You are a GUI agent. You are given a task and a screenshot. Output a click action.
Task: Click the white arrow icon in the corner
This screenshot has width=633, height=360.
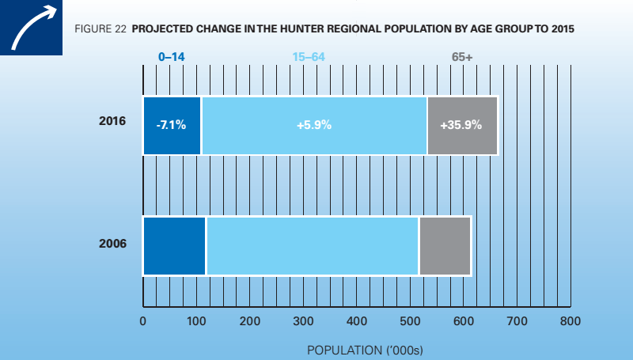pyautogui.click(x=31, y=28)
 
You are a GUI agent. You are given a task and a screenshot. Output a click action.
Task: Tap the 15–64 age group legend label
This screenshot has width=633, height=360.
pyautogui.click(x=313, y=57)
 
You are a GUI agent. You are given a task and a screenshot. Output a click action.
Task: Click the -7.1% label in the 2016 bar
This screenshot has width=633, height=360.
pyautogui.click(x=172, y=125)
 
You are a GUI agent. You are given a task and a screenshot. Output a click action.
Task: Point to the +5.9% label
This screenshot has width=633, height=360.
pyautogui.click(x=313, y=125)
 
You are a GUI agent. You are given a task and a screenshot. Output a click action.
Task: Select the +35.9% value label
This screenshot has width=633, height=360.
pyautogui.click(x=462, y=125)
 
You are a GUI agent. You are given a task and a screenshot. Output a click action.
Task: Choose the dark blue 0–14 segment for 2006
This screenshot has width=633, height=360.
pyautogui.click(x=174, y=245)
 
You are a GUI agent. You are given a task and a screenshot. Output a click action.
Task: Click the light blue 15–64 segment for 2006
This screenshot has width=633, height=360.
pyautogui.click(x=313, y=245)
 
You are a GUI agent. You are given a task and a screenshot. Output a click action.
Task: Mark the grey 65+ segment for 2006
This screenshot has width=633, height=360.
pyautogui.click(x=445, y=245)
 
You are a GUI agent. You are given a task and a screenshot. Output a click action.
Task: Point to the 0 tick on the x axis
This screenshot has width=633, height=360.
pyautogui.click(x=142, y=321)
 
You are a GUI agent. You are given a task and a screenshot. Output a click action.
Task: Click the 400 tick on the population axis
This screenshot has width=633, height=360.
pyautogui.click(x=356, y=321)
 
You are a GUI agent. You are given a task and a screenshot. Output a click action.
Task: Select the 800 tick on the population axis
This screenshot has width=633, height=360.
pyautogui.click(x=570, y=321)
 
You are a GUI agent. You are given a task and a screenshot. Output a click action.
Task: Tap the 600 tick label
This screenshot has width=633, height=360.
pyautogui.click(x=464, y=321)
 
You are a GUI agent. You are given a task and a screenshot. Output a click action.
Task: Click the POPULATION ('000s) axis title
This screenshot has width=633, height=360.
pyautogui.click(x=356, y=348)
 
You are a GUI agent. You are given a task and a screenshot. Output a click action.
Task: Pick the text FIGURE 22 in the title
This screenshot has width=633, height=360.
pyautogui.click(x=100, y=28)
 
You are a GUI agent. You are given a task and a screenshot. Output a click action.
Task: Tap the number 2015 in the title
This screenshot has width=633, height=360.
pyautogui.click(x=559, y=28)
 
